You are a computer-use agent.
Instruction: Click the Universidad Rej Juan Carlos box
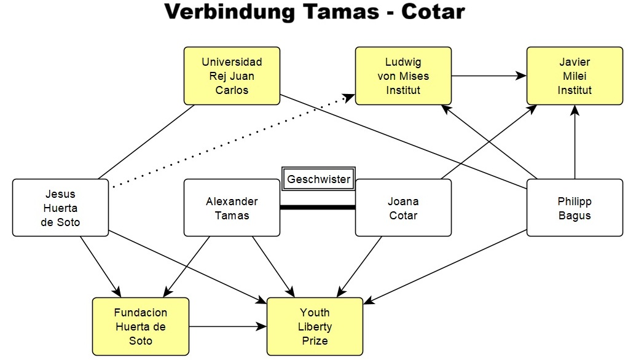tap(232, 76)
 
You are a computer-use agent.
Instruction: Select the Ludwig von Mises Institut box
tap(403, 76)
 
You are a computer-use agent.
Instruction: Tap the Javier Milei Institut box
tap(575, 76)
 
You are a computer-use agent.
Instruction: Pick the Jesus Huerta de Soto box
tap(60, 208)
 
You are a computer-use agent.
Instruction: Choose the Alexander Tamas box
tap(232, 208)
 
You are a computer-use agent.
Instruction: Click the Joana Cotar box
tap(403, 208)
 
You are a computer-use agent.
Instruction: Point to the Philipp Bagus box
tap(575, 208)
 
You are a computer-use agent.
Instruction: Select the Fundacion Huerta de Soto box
tap(141, 326)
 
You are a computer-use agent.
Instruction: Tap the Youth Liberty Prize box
tap(315, 326)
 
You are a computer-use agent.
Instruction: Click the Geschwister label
tap(319, 179)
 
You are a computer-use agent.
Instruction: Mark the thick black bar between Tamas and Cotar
tap(318, 208)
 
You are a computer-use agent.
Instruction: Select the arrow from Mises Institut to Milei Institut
tap(489, 76)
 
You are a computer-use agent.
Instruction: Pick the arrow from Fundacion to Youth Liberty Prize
tap(227, 327)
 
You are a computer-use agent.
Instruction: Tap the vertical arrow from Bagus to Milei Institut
tap(575, 141)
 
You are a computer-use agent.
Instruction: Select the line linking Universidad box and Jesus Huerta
tap(146, 142)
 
